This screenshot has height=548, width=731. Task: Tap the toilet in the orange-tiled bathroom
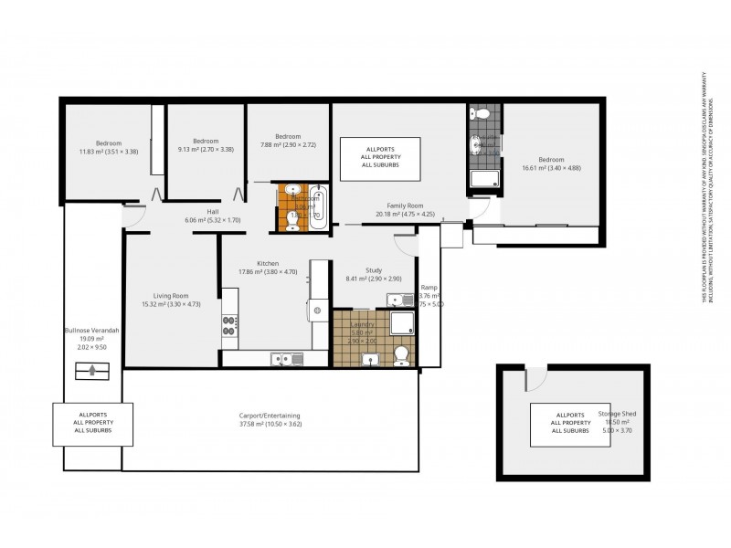pos(291,220)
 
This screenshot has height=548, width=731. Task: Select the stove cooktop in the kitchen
pos(229,324)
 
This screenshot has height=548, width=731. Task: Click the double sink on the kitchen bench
pos(284,360)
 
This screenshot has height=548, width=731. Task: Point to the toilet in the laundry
pos(399,355)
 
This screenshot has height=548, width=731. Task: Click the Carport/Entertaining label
pos(263,416)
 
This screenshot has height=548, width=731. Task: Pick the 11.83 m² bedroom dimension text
pos(109,152)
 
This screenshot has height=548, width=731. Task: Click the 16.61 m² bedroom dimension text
pos(551,167)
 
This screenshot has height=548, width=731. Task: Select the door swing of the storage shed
pos(534,377)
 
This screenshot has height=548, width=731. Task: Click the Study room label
pos(374,270)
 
